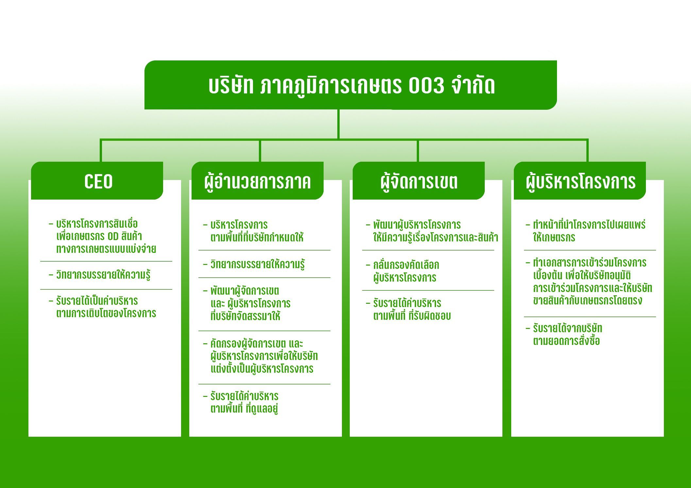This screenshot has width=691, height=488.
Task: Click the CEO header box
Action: [97, 181]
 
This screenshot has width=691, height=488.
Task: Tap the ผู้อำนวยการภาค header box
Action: [258, 181]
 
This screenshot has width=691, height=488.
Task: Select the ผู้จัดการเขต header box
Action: [419, 181]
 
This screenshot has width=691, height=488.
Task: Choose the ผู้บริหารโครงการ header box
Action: [580, 181]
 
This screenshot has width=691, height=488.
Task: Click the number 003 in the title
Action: [426, 86]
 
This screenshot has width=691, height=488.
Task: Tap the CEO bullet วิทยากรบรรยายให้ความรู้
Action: [103, 275]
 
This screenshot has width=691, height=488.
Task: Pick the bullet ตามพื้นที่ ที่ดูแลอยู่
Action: [244, 409]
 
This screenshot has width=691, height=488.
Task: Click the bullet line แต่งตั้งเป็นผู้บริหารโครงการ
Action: [262, 369]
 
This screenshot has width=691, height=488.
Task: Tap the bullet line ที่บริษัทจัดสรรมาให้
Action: [245, 316]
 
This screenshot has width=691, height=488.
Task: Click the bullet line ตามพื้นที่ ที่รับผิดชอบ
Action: [412, 316]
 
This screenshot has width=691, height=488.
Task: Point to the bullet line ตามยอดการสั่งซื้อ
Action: [566, 341]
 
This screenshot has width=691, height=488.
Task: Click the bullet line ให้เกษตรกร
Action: [554, 237]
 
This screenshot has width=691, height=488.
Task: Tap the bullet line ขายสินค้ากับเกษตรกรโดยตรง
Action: [588, 301]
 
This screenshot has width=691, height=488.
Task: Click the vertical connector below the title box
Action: [338, 124]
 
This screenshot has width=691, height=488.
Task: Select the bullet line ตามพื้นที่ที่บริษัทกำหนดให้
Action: [257, 237]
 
